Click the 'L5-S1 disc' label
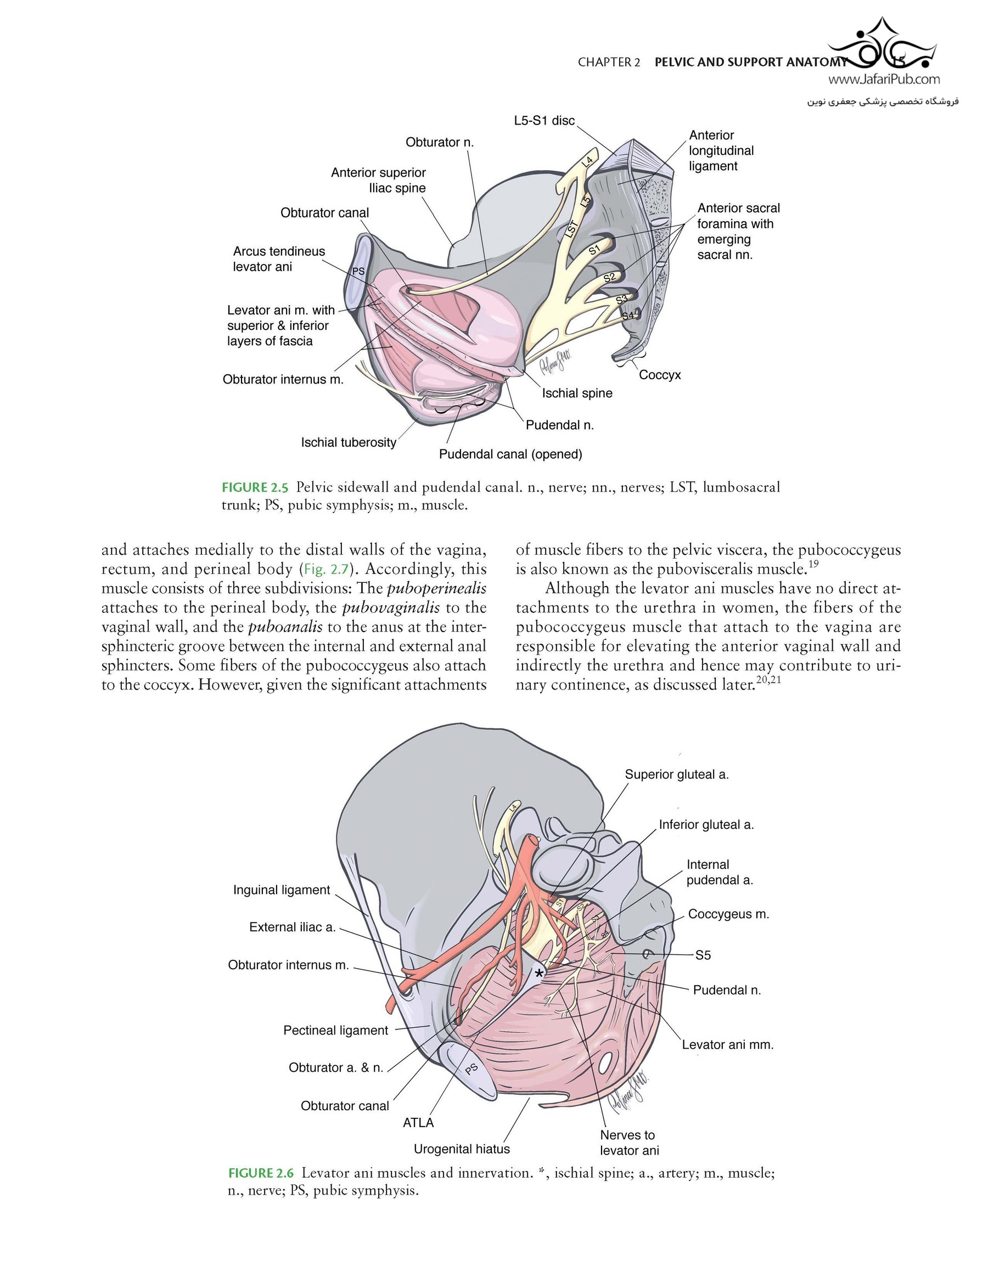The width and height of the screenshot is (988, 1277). pos(544,121)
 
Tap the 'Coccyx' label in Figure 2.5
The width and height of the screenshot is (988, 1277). pos(660,375)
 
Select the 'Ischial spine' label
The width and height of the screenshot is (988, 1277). pos(577,393)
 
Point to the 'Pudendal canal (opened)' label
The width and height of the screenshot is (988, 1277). pos(510,454)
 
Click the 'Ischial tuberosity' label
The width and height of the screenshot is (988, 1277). pos(349,443)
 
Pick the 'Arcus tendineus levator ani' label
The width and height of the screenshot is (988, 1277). pos(279,259)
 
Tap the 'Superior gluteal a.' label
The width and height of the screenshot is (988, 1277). pos(677,775)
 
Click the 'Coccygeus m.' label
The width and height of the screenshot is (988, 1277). pos(728,914)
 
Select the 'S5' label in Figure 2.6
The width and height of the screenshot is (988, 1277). pos(703,955)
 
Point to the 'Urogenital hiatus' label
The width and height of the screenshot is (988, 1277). pos(462,1149)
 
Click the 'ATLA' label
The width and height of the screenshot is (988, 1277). pos(418,1123)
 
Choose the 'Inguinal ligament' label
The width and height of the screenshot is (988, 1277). pos(282,890)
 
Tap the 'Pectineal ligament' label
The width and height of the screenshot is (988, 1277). pos(336,1030)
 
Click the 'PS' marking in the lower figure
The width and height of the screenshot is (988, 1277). pos(471,1068)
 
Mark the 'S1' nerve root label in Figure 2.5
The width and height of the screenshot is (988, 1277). pos(594,250)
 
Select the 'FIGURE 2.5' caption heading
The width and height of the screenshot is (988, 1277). pos(255,487)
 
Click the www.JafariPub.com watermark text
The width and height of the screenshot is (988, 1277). pos(884,79)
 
